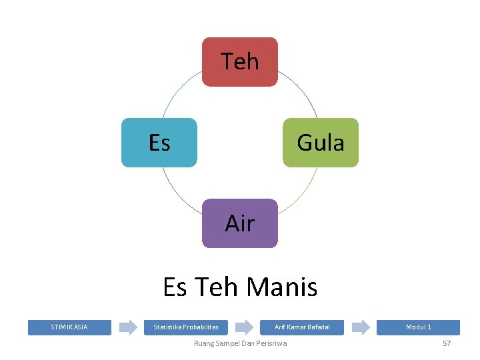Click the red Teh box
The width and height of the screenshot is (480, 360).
[240, 62]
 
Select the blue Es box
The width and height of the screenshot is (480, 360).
[159, 143]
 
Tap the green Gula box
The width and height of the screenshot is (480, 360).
[321, 143]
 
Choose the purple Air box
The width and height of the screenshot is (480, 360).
[240, 223]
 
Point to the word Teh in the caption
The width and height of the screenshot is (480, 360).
[217, 287]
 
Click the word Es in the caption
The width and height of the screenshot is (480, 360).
[175, 287]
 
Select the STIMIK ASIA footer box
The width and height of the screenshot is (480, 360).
[69, 327]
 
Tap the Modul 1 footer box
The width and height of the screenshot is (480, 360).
[419, 327]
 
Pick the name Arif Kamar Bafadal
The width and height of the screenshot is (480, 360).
[302, 327]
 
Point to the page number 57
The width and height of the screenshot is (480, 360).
[447, 343]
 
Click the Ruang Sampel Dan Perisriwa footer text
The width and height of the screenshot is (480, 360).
[240, 343]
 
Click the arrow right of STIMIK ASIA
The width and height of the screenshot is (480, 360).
[127, 327]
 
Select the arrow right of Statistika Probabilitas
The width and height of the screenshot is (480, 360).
[245, 327]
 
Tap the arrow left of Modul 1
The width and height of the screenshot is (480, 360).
[361, 327]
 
